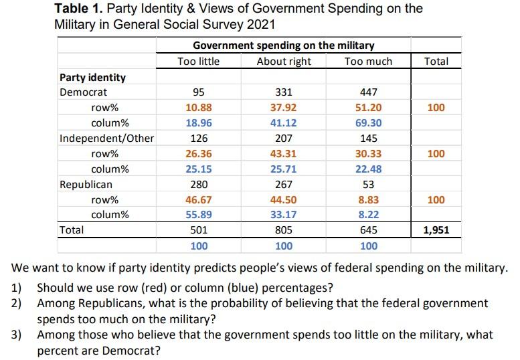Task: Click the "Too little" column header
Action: click(x=198, y=62)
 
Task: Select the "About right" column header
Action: click(x=284, y=62)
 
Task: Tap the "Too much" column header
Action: click(x=368, y=62)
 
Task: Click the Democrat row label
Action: click(x=83, y=92)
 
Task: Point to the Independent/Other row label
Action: click(x=107, y=139)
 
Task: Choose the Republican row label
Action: click(x=86, y=184)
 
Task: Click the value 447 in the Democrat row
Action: click(x=368, y=92)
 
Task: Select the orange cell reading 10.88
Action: click(x=199, y=108)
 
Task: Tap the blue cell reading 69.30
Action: click(x=368, y=123)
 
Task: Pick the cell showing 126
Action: click(x=199, y=139)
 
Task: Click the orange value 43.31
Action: click(x=284, y=154)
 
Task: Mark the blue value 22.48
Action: click(x=368, y=169)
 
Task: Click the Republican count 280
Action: click(x=199, y=184)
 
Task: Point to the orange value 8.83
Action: click(x=368, y=199)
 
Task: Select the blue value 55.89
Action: click(x=199, y=215)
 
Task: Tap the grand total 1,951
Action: click(x=436, y=230)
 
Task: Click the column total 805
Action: click(x=284, y=230)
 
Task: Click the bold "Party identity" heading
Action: click(x=93, y=77)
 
